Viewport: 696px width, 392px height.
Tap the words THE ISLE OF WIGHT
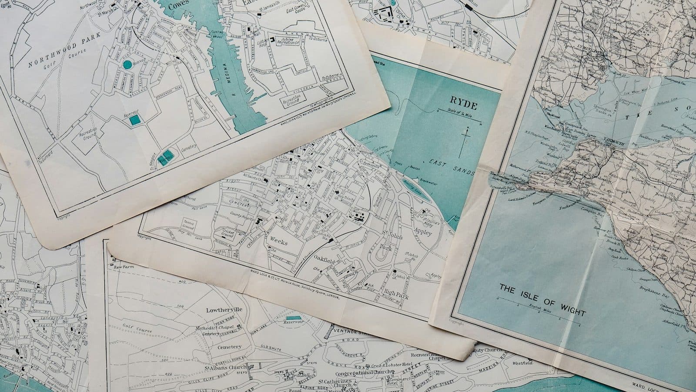click(542, 300)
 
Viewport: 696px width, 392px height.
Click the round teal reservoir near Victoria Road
click(127, 65)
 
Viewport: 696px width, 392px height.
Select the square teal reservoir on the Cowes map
click(135, 120)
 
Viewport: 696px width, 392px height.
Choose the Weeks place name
click(278, 240)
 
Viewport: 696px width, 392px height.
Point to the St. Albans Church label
click(225, 367)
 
